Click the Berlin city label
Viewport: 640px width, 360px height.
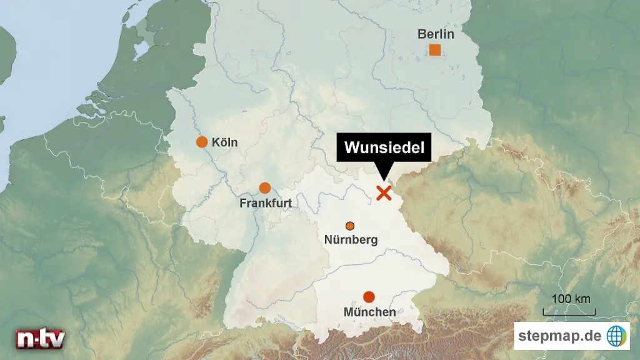tap(436, 34)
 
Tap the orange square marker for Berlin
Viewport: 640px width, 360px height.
tap(435, 50)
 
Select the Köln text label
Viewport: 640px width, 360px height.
tap(225, 142)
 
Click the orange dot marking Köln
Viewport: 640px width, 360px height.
tap(202, 142)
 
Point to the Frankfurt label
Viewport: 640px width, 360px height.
tap(266, 203)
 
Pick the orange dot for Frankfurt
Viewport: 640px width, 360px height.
tap(265, 187)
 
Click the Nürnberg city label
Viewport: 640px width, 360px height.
tap(351, 239)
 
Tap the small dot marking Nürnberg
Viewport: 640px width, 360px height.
tap(350, 226)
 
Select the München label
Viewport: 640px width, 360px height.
tap(369, 312)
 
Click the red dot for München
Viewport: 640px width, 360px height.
tap(369, 296)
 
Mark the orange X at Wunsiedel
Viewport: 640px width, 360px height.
tap(384, 193)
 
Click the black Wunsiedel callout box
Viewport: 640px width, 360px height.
tap(384, 148)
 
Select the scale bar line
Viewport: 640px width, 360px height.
tap(569, 313)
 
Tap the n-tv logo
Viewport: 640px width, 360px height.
tap(40, 338)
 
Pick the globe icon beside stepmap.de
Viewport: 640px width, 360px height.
tap(617, 336)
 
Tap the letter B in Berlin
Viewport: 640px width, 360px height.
tap(422, 34)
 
